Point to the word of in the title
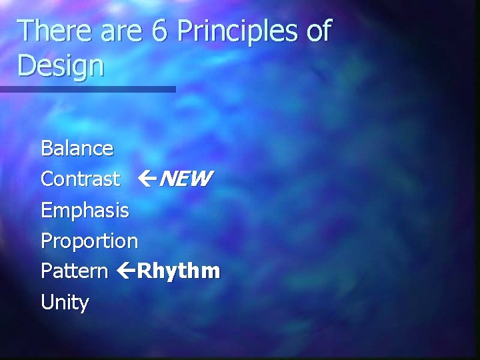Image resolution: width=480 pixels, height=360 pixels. click(319, 31)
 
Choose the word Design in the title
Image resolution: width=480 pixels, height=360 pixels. click(61, 67)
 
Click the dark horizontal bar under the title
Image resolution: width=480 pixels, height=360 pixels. click(87, 89)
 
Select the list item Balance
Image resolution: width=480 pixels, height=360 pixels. click(77, 148)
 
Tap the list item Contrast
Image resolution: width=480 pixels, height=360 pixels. click(80, 179)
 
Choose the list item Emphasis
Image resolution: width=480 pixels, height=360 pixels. click(85, 211)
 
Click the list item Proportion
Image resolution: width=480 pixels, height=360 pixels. click(89, 241)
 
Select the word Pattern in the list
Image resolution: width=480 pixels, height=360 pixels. click(74, 271)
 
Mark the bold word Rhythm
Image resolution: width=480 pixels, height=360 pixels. click(178, 272)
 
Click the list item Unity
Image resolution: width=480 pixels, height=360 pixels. click(65, 303)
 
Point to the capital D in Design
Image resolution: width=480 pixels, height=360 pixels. click(27, 66)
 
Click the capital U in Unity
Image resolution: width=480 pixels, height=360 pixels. click(47, 303)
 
